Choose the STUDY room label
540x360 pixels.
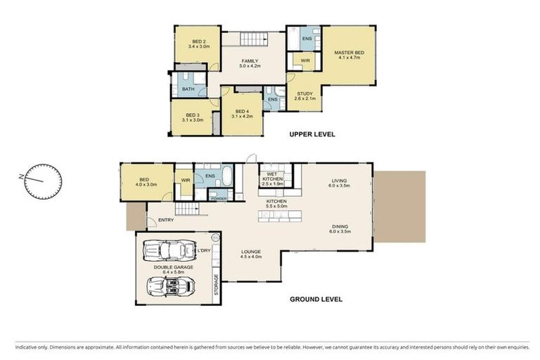coord(305,96)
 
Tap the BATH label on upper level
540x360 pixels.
coord(188,89)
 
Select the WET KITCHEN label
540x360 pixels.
coord(273,176)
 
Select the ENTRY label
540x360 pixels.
coord(166,220)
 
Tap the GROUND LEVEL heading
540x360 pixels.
coord(316,299)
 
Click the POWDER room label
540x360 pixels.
coord(218,198)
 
